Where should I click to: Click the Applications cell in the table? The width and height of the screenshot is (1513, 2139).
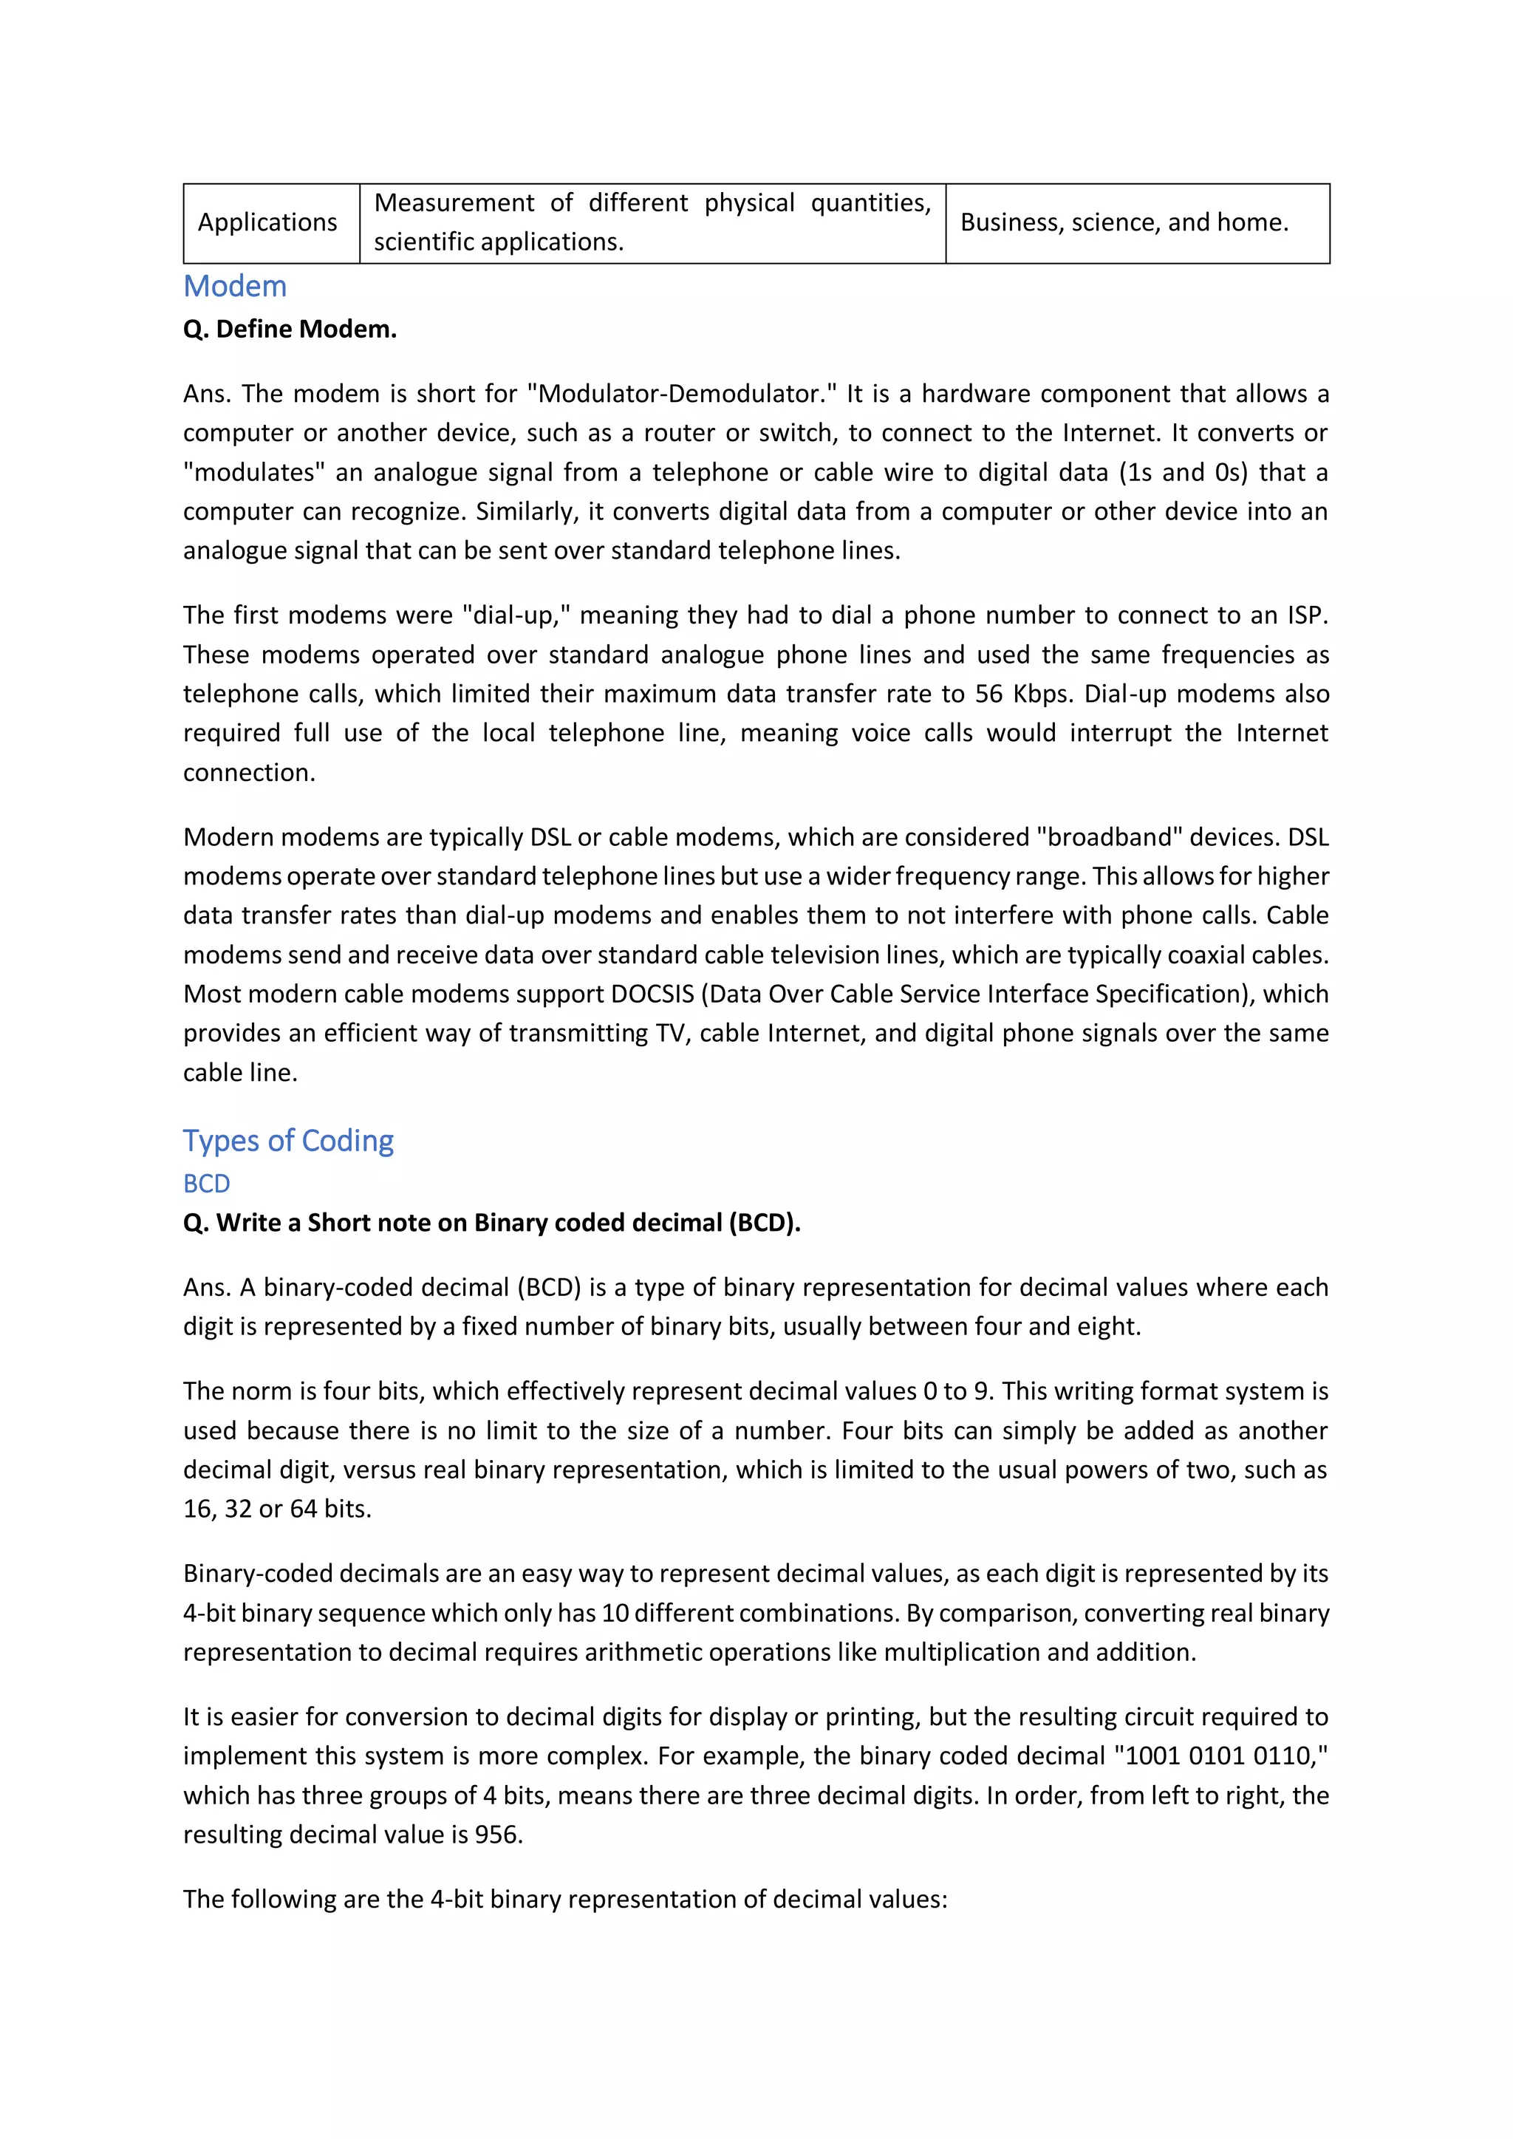[267, 222]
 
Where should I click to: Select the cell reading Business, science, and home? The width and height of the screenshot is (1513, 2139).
[1124, 222]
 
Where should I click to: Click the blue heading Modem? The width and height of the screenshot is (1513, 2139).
[235, 286]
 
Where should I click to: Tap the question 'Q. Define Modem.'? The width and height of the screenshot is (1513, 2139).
[290, 329]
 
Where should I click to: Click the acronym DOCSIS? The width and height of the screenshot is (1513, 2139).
[652, 994]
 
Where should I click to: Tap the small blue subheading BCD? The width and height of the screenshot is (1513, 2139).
[206, 1183]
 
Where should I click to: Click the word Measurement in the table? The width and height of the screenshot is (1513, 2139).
[454, 203]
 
